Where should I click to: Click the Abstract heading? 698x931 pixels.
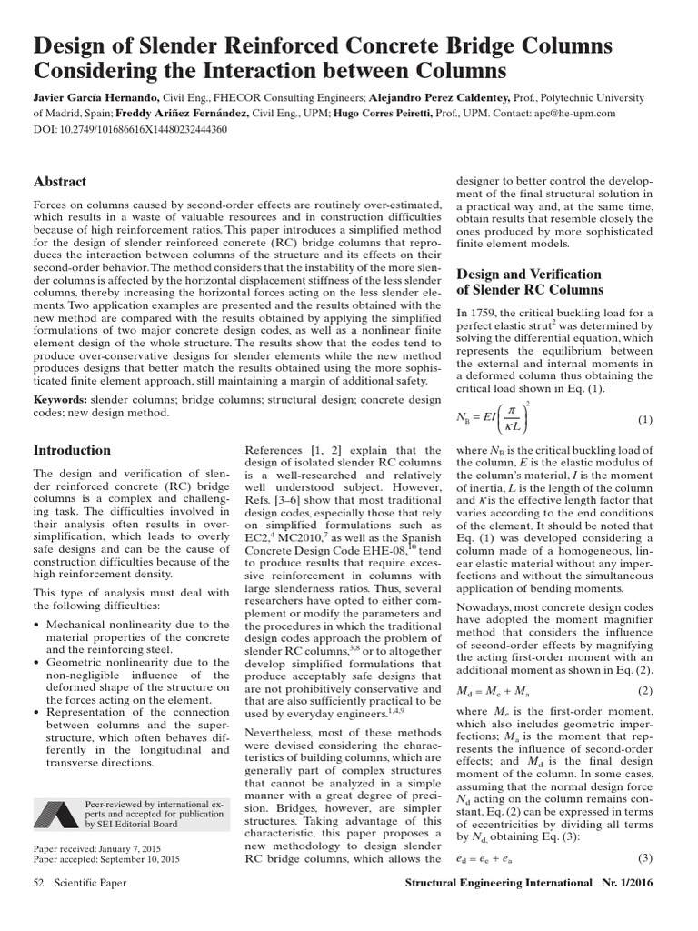tap(60, 182)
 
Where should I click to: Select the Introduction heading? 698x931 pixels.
tap(72, 450)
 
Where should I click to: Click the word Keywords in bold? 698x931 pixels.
tap(61, 400)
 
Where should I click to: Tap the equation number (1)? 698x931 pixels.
tap(644, 419)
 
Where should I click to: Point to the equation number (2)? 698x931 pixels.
tap(644, 690)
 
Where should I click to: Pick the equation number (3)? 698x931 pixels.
tap(644, 858)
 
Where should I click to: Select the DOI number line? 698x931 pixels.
tap(130, 129)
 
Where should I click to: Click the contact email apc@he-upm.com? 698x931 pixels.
tap(570, 114)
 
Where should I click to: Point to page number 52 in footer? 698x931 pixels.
tap(39, 883)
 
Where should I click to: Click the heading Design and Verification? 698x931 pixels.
tap(528, 274)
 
